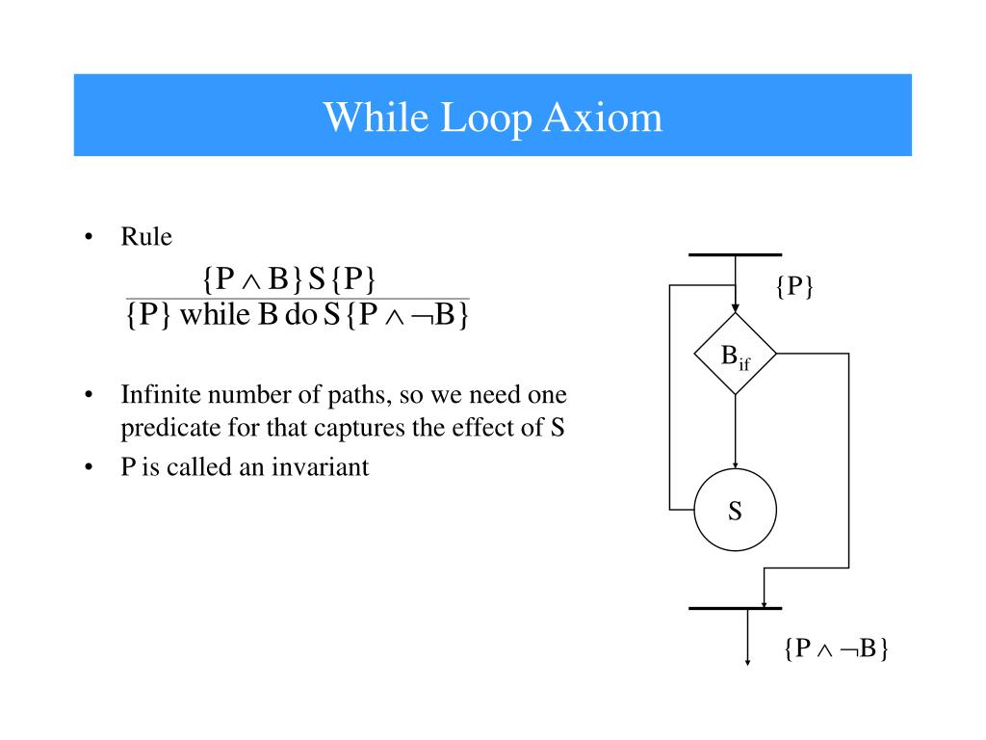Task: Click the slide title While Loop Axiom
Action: tap(492, 118)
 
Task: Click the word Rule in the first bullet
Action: tap(145, 237)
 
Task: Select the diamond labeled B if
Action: tap(735, 355)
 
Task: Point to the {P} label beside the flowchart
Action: tap(794, 286)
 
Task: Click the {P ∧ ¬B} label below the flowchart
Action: tap(835, 648)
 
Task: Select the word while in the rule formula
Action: tap(215, 315)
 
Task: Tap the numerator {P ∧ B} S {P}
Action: tap(289, 278)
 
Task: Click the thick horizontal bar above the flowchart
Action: tap(735, 254)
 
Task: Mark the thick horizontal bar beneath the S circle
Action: tap(735, 609)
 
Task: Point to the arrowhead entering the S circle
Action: tap(735, 465)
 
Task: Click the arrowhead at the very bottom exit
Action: tap(748, 662)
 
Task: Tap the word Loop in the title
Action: tap(486, 118)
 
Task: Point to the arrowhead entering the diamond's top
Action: tap(735, 307)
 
